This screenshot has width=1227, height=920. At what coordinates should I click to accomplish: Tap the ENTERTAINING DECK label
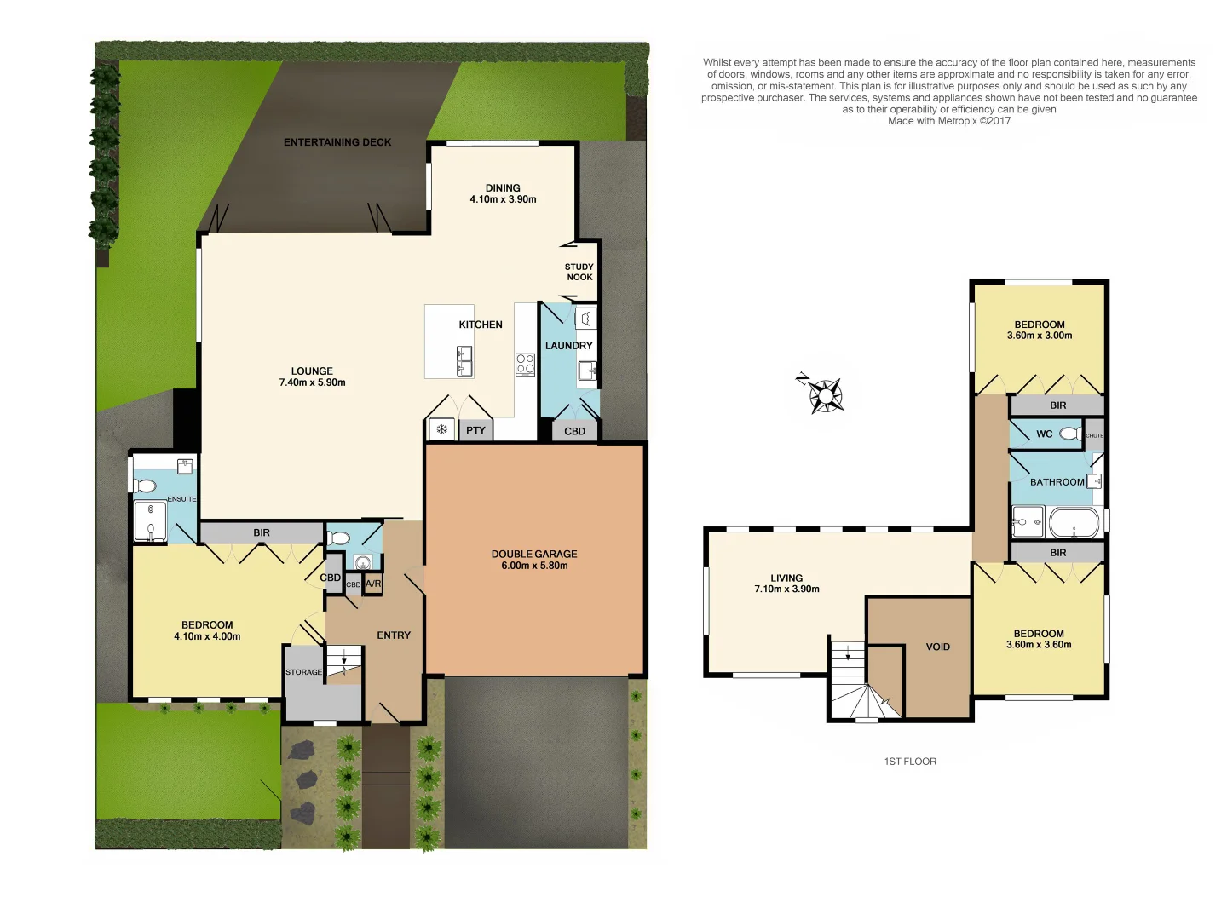click(x=337, y=142)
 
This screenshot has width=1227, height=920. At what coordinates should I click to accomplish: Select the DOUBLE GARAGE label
click(x=534, y=554)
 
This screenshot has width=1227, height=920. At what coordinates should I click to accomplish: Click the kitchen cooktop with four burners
click(x=525, y=365)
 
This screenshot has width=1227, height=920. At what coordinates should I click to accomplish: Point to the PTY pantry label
click(x=475, y=430)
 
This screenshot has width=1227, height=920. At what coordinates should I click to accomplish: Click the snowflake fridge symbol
click(x=441, y=429)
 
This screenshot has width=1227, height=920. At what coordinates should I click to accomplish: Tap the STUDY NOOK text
click(x=579, y=272)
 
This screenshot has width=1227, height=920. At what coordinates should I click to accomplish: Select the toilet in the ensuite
click(x=145, y=486)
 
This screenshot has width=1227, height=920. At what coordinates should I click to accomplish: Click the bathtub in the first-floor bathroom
click(x=1074, y=522)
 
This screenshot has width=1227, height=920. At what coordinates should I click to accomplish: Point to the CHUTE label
click(x=1094, y=435)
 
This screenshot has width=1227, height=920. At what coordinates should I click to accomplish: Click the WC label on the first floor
click(x=1044, y=434)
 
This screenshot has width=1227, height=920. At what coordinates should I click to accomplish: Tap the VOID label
click(x=937, y=647)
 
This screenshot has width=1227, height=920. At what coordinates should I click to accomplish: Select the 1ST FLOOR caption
click(x=910, y=762)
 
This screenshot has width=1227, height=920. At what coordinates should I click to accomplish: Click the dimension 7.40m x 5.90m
click(x=312, y=382)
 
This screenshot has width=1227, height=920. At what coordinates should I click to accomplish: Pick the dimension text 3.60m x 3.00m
click(x=1040, y=336)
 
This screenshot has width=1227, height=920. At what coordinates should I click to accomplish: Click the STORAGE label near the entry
click(x=303, y=672)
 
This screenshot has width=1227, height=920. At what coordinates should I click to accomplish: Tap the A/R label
click(x=373, y=584)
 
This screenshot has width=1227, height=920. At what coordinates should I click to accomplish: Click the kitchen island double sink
click(x=464, y=361)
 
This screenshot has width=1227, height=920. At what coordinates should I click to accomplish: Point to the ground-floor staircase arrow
click(x=344, y=658)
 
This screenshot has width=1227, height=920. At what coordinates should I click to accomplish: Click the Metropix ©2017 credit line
click(x=949, y=121)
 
